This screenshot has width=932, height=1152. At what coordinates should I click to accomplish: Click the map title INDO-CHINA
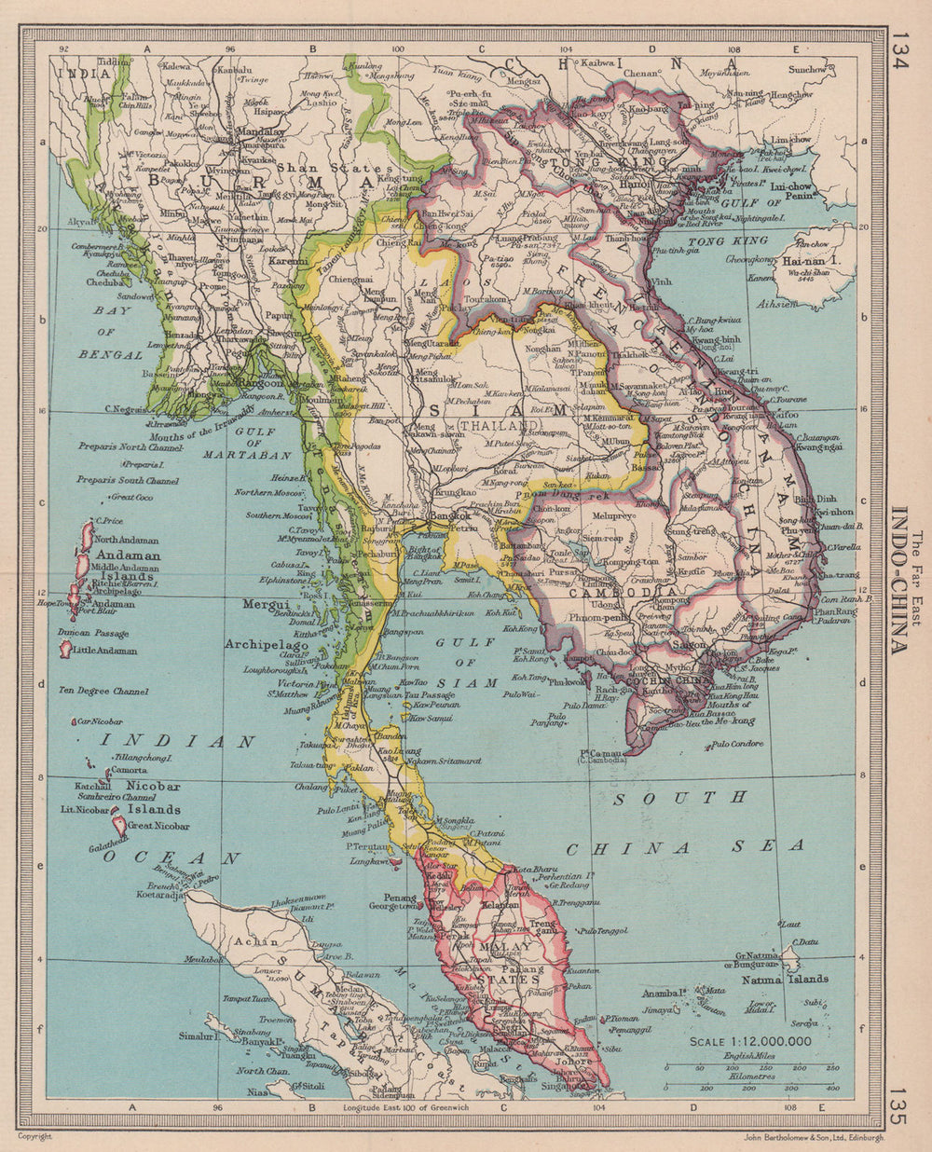pyautogui.click(x=901, y=579)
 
